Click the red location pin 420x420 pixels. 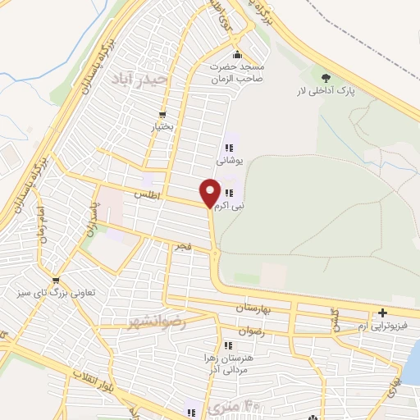point(210,192)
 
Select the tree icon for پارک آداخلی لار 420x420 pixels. point(327,75)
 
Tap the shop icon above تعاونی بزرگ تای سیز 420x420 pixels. point(55,279)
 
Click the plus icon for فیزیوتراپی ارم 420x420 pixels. point(383,313)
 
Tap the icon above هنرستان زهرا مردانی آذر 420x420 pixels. point(227,345)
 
